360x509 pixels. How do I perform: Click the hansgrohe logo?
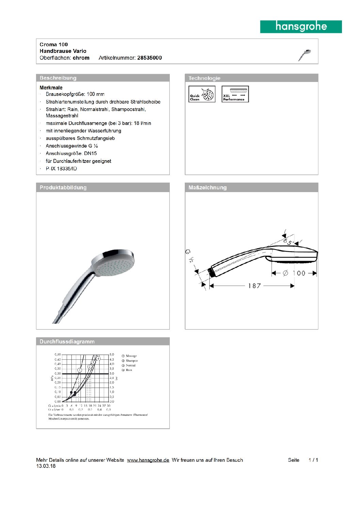pyautogui.click(x=301, y=27)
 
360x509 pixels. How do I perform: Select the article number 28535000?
pyautogui.click(x=149, y=58)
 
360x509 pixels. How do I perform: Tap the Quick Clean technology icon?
pyautogui.click(x=202, y=94)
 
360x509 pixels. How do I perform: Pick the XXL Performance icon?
pyautogui.click(x=235, y=94)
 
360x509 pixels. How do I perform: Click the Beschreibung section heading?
pyautogui.click(x=58, y=78)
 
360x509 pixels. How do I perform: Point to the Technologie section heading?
pyautogui.click(x=204, y=78)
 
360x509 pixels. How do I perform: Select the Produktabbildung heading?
pyautogui.click(x=63, y=187)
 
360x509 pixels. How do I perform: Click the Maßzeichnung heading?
pyautogui.click(x=208, y=187)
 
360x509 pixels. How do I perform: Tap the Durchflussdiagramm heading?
pyautogui.click(x=67, y=341)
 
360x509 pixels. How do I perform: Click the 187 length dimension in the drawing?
pyautogui.click(x=254, y=286)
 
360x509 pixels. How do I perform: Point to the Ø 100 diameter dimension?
pyautogui.click(x=294, y=273)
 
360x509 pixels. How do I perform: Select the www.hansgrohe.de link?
pyautogui.click(x=148, y=460)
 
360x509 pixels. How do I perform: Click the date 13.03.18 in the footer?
pyautogui.click(x=46, y=466)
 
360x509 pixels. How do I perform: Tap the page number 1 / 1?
pyautogui.click(x=313, y=460)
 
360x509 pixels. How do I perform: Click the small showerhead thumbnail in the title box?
pyautogui.click(x=305, y=55)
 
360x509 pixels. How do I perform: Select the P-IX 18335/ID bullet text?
pyautogui.click(x=61, y=169)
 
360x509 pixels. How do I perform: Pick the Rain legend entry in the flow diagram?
pyautogui.click(x=129, y=370)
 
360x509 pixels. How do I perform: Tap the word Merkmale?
pyautogui.click(x=51, y=88)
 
